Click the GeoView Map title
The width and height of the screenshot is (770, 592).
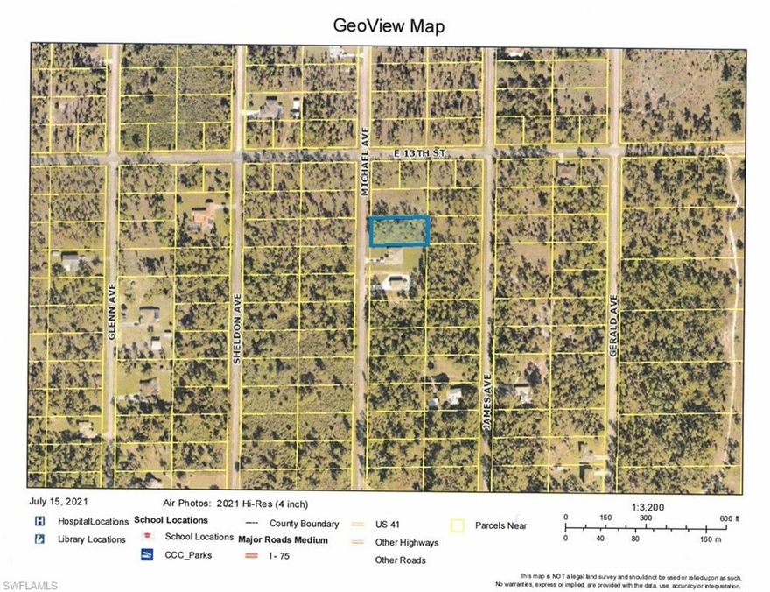(388, 25)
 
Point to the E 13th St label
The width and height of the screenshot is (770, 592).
(421, 152)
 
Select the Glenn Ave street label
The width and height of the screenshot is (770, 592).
(113, 290)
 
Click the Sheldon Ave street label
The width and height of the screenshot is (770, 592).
(237, 316)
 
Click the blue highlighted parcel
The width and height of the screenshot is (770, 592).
(398, 231)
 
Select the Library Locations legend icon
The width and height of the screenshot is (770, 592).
(38, 539)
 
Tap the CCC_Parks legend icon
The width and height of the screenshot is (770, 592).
(147, 554)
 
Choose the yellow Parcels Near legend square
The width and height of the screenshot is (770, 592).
(456, 526)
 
